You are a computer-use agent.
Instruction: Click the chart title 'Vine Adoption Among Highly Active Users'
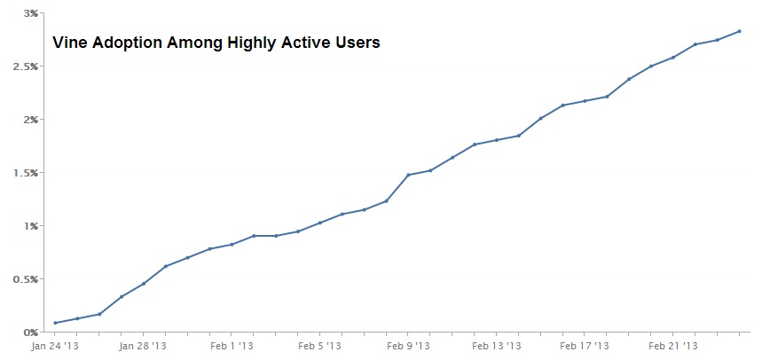[x=216, y=43]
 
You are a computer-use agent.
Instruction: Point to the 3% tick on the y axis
[x=31, y=13]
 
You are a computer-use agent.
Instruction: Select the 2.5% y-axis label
[x=27, y=67]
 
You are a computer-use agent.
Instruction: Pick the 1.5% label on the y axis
[x=27, y=173]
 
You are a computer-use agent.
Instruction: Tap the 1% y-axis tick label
[x=31, y=226]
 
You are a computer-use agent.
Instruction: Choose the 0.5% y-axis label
[x=27, y=279]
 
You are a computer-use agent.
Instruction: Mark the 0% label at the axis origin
[x=31, y=333]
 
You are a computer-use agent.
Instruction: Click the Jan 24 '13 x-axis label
[x=55, y=347]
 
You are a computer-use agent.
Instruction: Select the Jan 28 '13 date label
[x=143, y=347]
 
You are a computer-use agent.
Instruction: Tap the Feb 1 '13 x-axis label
[x=232, y=347]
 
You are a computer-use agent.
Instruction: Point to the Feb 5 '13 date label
[x=319, y=347]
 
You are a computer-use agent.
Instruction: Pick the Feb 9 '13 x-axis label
[x=408, y=347]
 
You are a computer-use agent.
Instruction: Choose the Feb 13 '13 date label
[x=496, y=347]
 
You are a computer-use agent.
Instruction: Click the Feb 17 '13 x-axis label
[x=585, y=347]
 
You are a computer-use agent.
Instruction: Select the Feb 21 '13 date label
[x=672, y=347]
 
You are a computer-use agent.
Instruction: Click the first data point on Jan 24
[x=55, y=323]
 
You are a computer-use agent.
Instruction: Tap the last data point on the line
[x=739, y=31]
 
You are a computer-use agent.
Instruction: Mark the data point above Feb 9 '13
[x=408, y=175]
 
